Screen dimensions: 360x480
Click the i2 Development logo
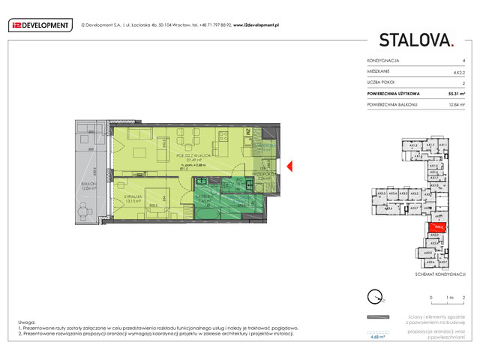pos(39,25)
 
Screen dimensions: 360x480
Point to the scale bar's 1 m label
pos(448,298)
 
